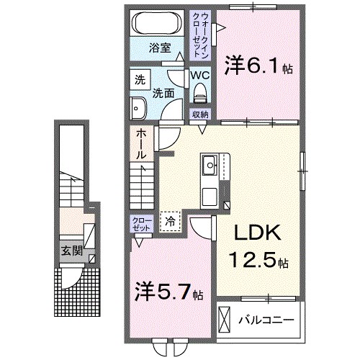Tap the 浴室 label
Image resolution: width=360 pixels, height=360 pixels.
coord(159,48)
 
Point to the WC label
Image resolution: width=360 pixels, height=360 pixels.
coord(199,74)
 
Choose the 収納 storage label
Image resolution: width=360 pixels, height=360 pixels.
coord(199,114)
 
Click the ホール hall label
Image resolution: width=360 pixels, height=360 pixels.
coord(140,143)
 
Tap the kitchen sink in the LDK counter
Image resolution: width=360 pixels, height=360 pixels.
coord(210,166)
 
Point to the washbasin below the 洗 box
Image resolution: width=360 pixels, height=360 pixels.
coord(138,108)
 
